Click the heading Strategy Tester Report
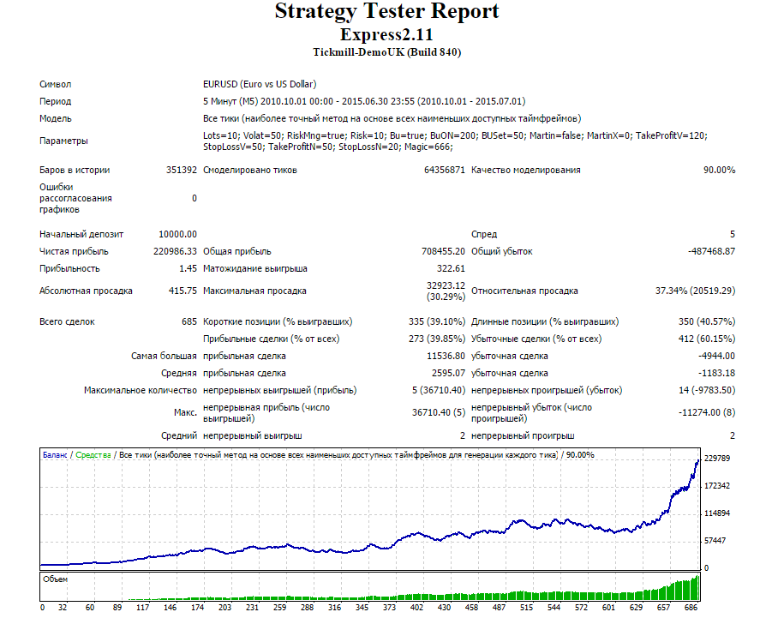click(386, 12)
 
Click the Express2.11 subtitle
click(386, 34)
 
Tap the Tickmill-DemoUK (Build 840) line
click(386, 52)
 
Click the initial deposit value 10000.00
click(178, 234)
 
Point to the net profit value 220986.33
click(175, 251)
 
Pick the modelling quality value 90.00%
click(719, 170)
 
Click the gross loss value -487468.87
click(711, 251)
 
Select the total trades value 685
click(189, 321)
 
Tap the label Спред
click(484, 235)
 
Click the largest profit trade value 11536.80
click(446, 357)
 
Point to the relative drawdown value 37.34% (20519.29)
click(695, 291)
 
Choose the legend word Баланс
click(55, 455)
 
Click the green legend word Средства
click(93, 455)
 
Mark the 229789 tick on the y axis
click(717, 459)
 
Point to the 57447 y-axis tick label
click(715, 541)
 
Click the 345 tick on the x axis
click(362, 608)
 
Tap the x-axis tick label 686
click(691, 608)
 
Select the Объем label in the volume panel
click(55, 579)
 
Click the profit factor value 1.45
click(188, 269)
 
